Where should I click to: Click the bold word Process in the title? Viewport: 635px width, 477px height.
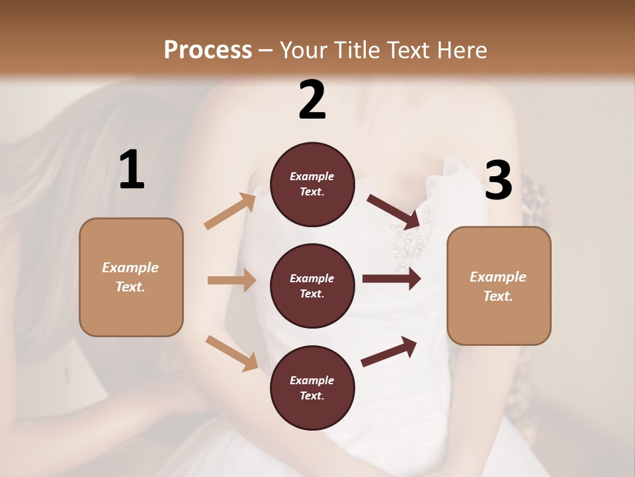coord(208,50)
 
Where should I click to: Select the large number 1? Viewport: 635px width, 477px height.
coord(132,170)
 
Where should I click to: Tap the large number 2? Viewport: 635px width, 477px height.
coord(312,100)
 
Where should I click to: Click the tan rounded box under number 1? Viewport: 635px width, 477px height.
coord(131,277)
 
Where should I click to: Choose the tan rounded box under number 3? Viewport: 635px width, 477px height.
coord(499,286)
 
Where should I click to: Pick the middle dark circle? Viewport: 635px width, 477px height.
coord(312,286)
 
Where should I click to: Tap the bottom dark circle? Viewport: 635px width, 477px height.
coord(312,388)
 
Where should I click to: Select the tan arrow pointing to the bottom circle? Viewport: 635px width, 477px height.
coord(232,352)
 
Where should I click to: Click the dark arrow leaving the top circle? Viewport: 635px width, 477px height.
coord(394,211)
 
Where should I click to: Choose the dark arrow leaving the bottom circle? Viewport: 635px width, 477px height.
coord(389,352)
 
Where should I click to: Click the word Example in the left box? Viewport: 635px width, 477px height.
coord(130,268)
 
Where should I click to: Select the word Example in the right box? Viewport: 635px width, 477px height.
coord(498,277)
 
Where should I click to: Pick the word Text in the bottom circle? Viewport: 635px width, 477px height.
coord(311,396)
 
